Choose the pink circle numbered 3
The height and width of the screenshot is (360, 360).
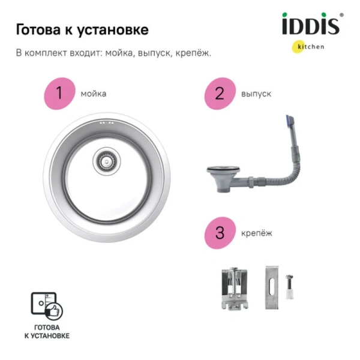[218, 232]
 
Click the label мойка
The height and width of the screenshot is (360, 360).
[94, 94]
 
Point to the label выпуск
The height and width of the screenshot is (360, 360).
[256, 94]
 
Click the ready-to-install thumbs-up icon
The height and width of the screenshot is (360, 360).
[51, 305]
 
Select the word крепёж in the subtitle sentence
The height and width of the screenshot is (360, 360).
[192, 53]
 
